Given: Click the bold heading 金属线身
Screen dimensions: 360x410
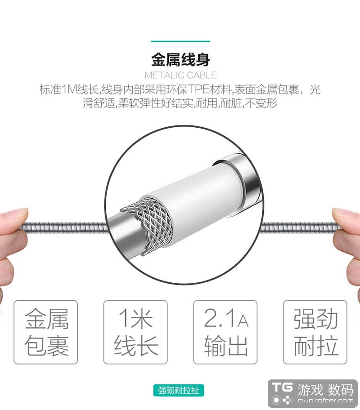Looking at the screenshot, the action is click(x=180, y=60).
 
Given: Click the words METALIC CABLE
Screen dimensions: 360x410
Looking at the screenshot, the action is click(x=180, y=76).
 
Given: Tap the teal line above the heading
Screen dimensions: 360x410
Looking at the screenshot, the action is click(x=180, y=41).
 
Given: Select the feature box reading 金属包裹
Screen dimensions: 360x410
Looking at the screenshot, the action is click(x=45, y=332).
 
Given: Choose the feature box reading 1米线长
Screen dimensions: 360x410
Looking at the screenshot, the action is click(x=135, y=332).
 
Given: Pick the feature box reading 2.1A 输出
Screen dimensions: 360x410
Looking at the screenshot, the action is click(x=225, y=332).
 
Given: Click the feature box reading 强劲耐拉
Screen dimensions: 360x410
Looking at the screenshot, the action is click(x=315, y=332).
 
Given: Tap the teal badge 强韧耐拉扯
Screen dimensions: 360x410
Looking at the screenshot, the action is click(x=179, y=390).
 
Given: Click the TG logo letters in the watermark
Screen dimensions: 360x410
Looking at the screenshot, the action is click(x=282, y=388).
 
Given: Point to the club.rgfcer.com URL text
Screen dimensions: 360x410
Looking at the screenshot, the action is click(x=325, y=401).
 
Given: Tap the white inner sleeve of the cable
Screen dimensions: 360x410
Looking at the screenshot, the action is click(x=199, y=199).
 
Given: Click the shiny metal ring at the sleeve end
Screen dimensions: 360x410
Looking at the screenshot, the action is click(x=243, y=180).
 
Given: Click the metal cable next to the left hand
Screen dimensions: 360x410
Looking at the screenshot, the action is click(x=65, y=227).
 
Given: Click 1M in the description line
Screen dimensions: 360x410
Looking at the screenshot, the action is click(x=69, y=89).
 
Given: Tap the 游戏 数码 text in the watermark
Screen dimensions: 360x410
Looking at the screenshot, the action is click(x=325, y=390).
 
